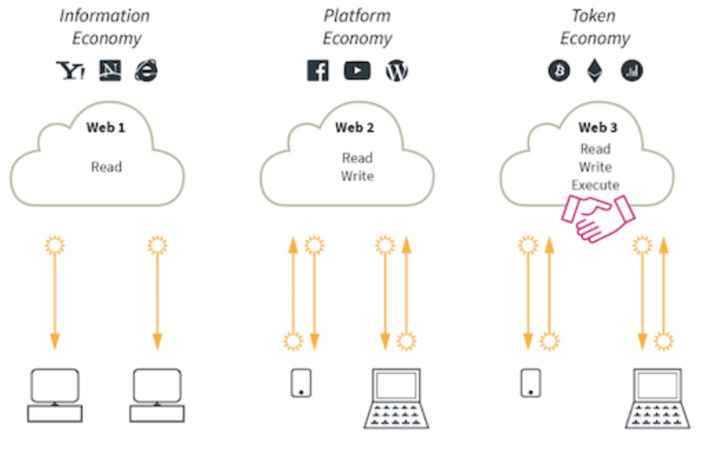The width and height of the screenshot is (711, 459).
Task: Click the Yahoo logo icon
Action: [70, 71]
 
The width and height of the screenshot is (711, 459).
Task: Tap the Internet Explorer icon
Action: [147, 71]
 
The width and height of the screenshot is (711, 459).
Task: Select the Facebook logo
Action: [318, 71]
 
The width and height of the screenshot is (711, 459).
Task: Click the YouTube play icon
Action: [357, 71]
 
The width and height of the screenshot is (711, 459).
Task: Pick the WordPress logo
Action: [396, 71]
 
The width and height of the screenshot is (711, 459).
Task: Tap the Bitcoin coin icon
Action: [559, 71]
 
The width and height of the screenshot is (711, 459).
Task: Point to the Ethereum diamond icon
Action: [595, 71]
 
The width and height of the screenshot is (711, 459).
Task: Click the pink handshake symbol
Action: [598, 217]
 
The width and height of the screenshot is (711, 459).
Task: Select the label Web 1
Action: [106, 127]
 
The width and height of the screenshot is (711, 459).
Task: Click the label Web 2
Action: [355, 127]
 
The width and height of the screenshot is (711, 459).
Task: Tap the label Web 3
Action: [598, 127]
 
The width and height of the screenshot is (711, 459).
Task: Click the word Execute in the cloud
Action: [595, 185]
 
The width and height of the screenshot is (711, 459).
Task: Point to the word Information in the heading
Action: [104, 16]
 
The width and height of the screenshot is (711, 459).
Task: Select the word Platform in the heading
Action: [357, 16]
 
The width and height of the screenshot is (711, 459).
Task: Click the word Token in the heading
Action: [594, 16]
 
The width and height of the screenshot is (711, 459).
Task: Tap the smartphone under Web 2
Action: [302, 382]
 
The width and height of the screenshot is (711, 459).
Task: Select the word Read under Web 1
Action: [106, 167]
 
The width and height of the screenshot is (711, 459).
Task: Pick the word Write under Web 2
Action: [357, 176]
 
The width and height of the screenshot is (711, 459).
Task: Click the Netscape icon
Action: [110, 71]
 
